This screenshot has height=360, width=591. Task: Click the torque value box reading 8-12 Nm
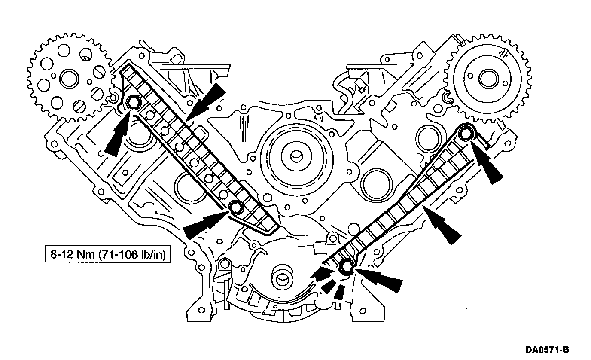point(108,255)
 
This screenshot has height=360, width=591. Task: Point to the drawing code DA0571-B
point(548,350)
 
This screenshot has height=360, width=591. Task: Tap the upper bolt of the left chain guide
point(132,103)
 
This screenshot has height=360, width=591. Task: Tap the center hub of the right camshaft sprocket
point(487,79)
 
